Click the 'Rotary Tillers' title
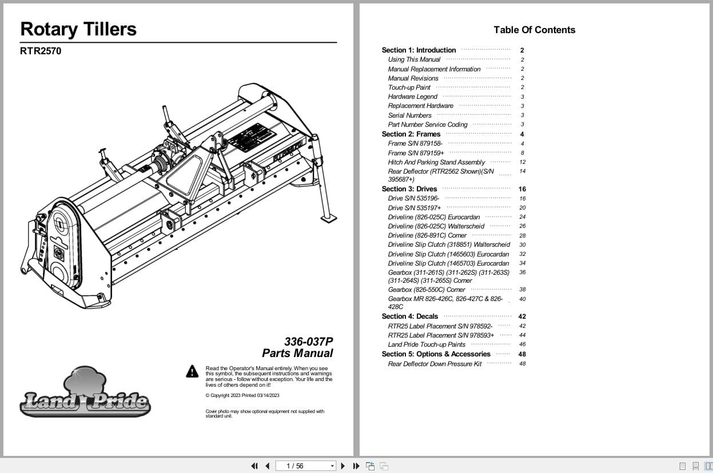coord(78,29)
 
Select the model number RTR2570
coord(41,51)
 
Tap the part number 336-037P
coord(308,342)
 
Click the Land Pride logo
coord(85,394)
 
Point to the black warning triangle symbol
coord(192,371)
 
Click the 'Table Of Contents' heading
coord(534,30)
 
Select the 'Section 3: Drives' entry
coord(409,189)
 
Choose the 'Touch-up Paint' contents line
coord(409,87)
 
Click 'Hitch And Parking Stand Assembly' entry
coord(436,162)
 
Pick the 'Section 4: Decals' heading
coord(410,316)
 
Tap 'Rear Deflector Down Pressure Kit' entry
coord(435,364)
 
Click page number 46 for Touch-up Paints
coord(522,344)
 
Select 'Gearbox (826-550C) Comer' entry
coord(427,290)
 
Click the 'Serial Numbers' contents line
coord(409,115)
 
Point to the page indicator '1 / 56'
coord(295,466)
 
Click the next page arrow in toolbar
coord(342,466)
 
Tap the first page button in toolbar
coord(254,466)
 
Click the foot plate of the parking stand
coord(329,218)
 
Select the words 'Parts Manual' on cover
coord(297,353)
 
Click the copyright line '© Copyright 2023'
coord(242,395)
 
